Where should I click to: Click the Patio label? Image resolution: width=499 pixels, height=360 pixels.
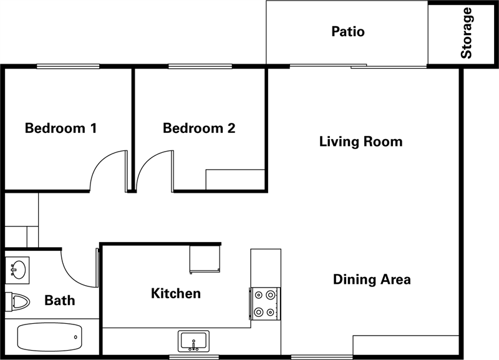pyautogui.click(x=347, y=31)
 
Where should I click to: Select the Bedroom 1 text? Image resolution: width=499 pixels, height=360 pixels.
pyautogui.click(x=61, y=129)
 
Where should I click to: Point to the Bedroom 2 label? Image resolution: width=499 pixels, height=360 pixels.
pyautogui.click(x=199, y=129)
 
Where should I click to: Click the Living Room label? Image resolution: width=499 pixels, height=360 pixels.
pyautogui.click(x=361, y=142)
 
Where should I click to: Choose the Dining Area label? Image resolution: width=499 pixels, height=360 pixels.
pyautogui.click(x=372, y=279)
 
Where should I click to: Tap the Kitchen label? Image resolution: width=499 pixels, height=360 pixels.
pyautogui.click(x=176, y=293)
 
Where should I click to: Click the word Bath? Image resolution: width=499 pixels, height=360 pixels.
pyautogui.click(x=60, y=300)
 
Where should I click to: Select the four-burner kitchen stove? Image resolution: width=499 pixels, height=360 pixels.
pyautogui.click(x=264, y=303)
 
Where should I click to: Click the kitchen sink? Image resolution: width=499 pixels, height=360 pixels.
pyautogui.click(x=194, y=341)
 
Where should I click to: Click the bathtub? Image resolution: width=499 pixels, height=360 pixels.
pyautogui.click(x=50, y=338)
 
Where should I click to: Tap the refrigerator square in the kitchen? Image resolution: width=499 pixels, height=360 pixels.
pyautogui.click(x=205, y=260)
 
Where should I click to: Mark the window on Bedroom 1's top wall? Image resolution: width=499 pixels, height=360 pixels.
pyautogui.click(x=68, y=66)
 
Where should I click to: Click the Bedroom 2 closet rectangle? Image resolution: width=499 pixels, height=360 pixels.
pyautogui.click(x=235, y=179)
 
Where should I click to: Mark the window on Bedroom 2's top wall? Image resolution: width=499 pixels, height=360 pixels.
pyautogui.click(x=200, y=66)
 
